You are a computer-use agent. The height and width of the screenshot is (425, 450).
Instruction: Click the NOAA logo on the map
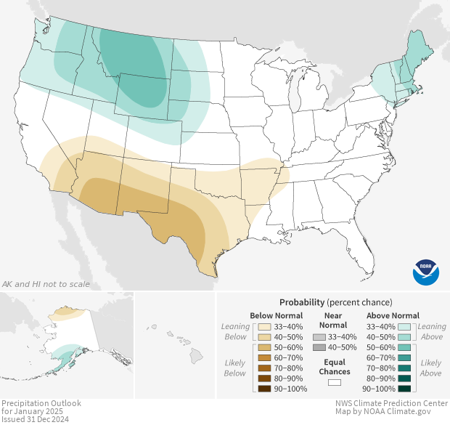[426, 271]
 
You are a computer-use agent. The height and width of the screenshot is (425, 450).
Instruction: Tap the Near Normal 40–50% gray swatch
[320, 347]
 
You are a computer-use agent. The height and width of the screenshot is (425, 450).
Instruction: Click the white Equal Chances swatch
[334, 382]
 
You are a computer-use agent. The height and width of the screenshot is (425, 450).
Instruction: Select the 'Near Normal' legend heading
[334, 320]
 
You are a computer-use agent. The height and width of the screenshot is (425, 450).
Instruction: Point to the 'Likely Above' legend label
[430, 368]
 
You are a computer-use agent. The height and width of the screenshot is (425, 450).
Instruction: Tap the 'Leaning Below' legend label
[236, 331]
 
